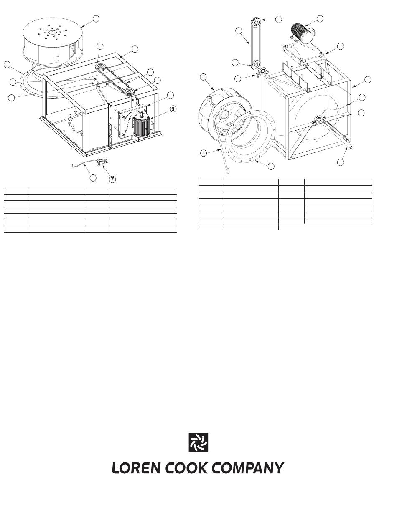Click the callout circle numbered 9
[173, 109]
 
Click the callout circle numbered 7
[112, 179]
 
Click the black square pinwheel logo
[198, 443]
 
